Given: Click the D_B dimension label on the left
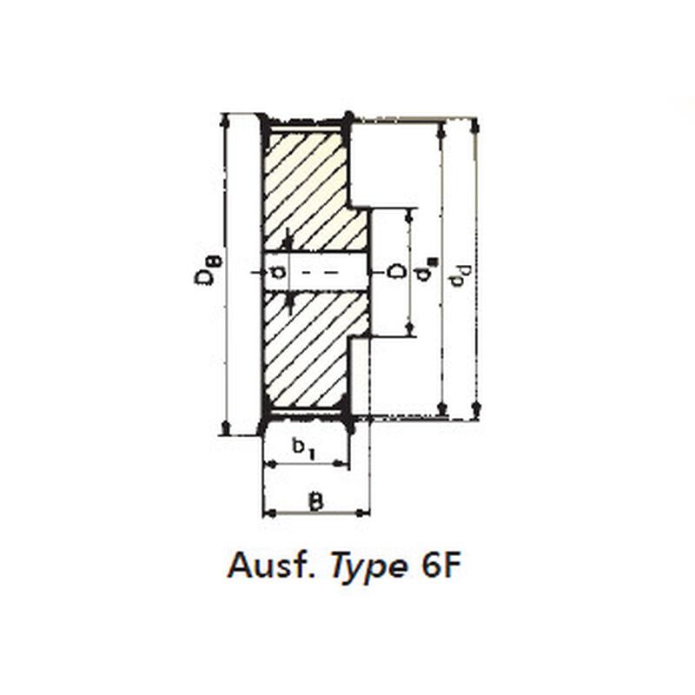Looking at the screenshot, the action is pyautogui.click(x=208, y=270).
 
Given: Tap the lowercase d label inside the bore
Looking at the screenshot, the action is pyautogui.click(x=278, y=272).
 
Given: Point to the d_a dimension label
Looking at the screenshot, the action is pyautogui.click(x=426, y=270).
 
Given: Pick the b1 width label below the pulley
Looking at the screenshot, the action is pyautogui.click(x=304, y=448).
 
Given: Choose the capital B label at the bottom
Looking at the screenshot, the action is pyautogui.click(x=315, y=501).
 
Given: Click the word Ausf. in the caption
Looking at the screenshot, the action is pyautogui.click(x=272, y=566).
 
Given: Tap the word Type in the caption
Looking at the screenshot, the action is pyautogui.click(x=368, y=567).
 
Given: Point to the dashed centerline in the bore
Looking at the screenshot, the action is pyautogui.click(x=320, y=272).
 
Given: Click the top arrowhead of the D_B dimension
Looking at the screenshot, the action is pyautogui.click(x=226, y=121).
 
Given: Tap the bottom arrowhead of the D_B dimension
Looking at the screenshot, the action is pyautogui.click(x=226, y=428).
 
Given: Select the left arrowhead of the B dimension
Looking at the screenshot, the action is pyautogui.click(x=269, y=513).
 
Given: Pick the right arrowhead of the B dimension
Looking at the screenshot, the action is pyautogui.click(x=363, y=513).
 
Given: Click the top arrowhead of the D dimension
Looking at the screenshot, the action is pyautogui.click(x=409, y=215).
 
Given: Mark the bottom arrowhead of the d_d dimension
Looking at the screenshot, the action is pyautogui.click(x=475, y=410).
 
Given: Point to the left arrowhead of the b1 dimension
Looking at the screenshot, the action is pyautogui.click(x=270, y=464).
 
